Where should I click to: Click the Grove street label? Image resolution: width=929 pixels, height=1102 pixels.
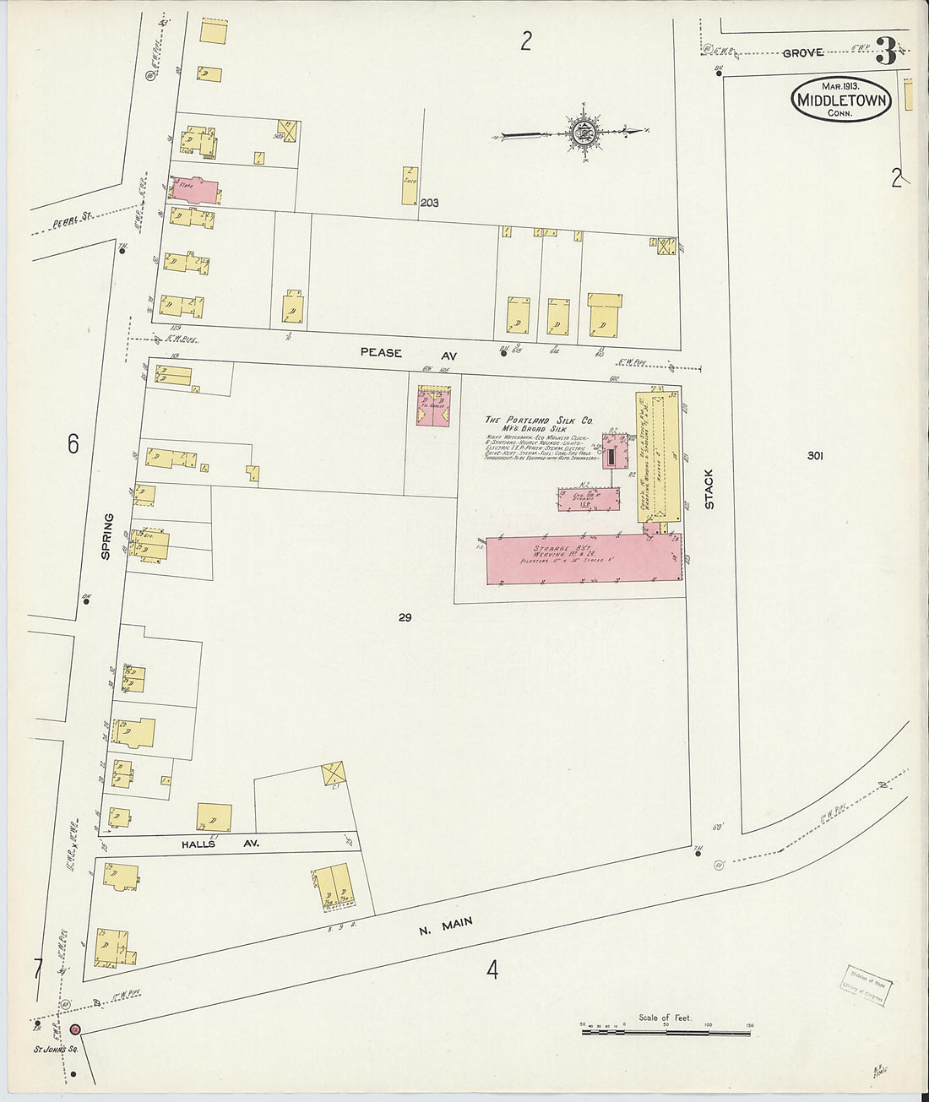coord(802,52)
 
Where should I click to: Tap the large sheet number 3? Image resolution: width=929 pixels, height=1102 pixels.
coord(886,52)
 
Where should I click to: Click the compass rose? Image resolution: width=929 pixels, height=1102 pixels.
coord(583,133)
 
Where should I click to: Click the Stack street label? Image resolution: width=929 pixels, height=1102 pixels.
coord(709,489)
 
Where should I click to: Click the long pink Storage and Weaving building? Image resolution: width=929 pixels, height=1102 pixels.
coord(583,557)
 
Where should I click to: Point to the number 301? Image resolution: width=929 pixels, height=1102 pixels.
coord(814,456)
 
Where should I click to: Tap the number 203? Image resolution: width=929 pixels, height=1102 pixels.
coord(430,203)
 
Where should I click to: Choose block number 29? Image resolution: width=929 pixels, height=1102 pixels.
coord(405,618)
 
